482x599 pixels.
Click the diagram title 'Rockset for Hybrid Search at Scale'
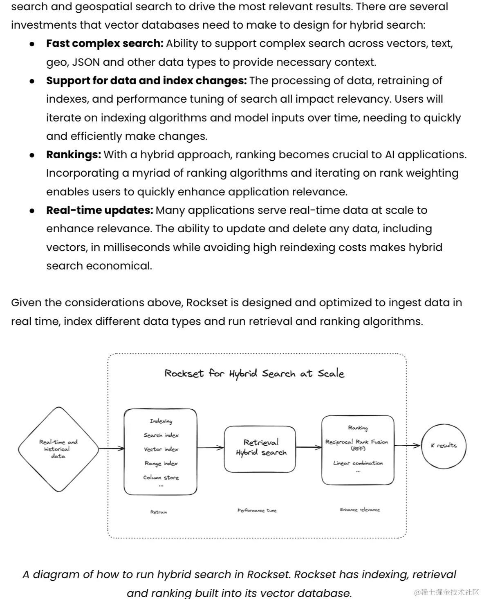point(254,373)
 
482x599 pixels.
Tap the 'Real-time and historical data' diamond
point(58,449)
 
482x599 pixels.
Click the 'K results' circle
point(444,445)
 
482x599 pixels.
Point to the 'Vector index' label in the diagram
point(161,449)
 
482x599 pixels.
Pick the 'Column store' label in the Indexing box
point(161,477)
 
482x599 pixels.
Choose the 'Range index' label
point(161,463)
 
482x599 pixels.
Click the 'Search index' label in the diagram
point(161,435)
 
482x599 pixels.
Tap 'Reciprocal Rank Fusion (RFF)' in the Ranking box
point(356,445)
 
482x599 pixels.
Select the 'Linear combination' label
point(358,463)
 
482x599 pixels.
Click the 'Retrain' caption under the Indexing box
point(159,512)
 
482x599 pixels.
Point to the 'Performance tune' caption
point(257,510)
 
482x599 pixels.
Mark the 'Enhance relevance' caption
point(360,509)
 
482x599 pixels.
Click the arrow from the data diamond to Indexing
point(111,449)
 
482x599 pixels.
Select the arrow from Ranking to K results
point(407,445)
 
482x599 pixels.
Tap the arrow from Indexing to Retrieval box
point(211,448)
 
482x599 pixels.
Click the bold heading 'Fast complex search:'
point(105,43)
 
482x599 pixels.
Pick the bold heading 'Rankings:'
point(74,155)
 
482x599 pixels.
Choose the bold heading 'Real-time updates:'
point(100,210)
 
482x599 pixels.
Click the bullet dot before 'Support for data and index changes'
point(32,81)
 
